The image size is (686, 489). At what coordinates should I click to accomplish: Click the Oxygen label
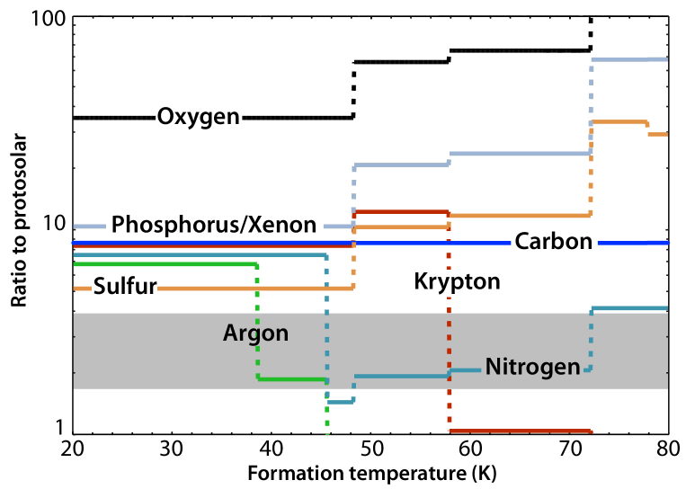click(199, 118)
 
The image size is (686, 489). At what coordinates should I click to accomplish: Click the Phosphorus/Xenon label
click(214, 225)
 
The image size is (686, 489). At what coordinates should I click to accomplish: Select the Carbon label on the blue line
click(554, 243)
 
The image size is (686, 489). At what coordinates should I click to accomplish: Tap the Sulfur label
click(124, 289)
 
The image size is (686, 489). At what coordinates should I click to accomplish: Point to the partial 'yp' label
click(451, 283)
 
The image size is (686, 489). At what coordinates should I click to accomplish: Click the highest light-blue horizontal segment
click(628, 59)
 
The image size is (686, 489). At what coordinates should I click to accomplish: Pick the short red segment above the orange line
click(401, 212)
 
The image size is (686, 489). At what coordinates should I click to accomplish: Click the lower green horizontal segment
click(291, 379)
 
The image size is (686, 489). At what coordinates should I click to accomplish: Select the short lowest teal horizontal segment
click(340, 402)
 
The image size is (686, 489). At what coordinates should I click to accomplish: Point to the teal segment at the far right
click(628, 308)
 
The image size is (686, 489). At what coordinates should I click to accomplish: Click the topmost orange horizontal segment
click(619, 121)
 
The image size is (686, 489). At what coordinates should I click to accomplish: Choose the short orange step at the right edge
click(657, 134)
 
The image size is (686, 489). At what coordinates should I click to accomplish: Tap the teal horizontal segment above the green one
click(198, 255)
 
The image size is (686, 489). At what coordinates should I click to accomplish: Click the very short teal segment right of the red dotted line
click(465, 369)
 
